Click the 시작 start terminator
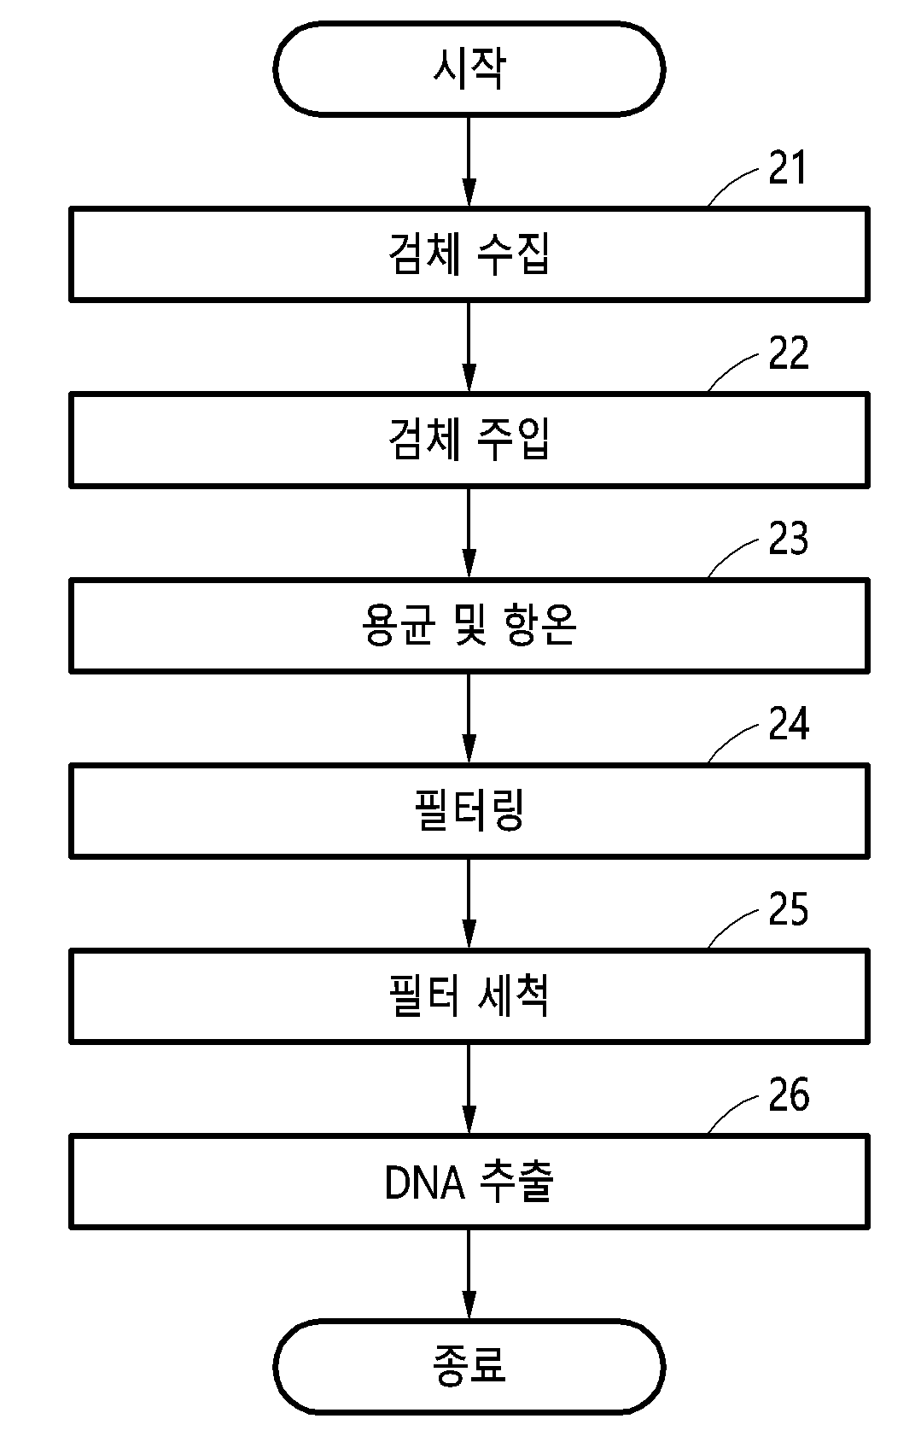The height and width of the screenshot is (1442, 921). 469,69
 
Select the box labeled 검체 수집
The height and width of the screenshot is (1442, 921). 469,254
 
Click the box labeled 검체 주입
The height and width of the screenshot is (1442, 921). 469,440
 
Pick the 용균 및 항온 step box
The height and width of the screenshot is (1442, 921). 469,625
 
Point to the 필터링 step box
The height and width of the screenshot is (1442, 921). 469,810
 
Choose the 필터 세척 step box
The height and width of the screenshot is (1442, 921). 469,995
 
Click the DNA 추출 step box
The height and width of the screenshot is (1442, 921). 469,1182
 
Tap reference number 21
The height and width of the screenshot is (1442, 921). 787,168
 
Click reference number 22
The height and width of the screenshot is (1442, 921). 789,353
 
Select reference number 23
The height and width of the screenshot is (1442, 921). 789,539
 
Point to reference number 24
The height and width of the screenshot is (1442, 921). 789,724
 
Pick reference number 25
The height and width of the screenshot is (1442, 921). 789,909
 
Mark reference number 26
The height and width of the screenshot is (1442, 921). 789,1095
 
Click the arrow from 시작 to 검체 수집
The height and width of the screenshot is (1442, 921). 469,161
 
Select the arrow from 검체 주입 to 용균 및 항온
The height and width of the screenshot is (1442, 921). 469,533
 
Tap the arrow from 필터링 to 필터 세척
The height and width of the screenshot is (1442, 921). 469,904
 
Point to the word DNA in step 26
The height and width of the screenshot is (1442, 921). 424,1183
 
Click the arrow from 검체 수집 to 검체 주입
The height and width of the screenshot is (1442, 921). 469,347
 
